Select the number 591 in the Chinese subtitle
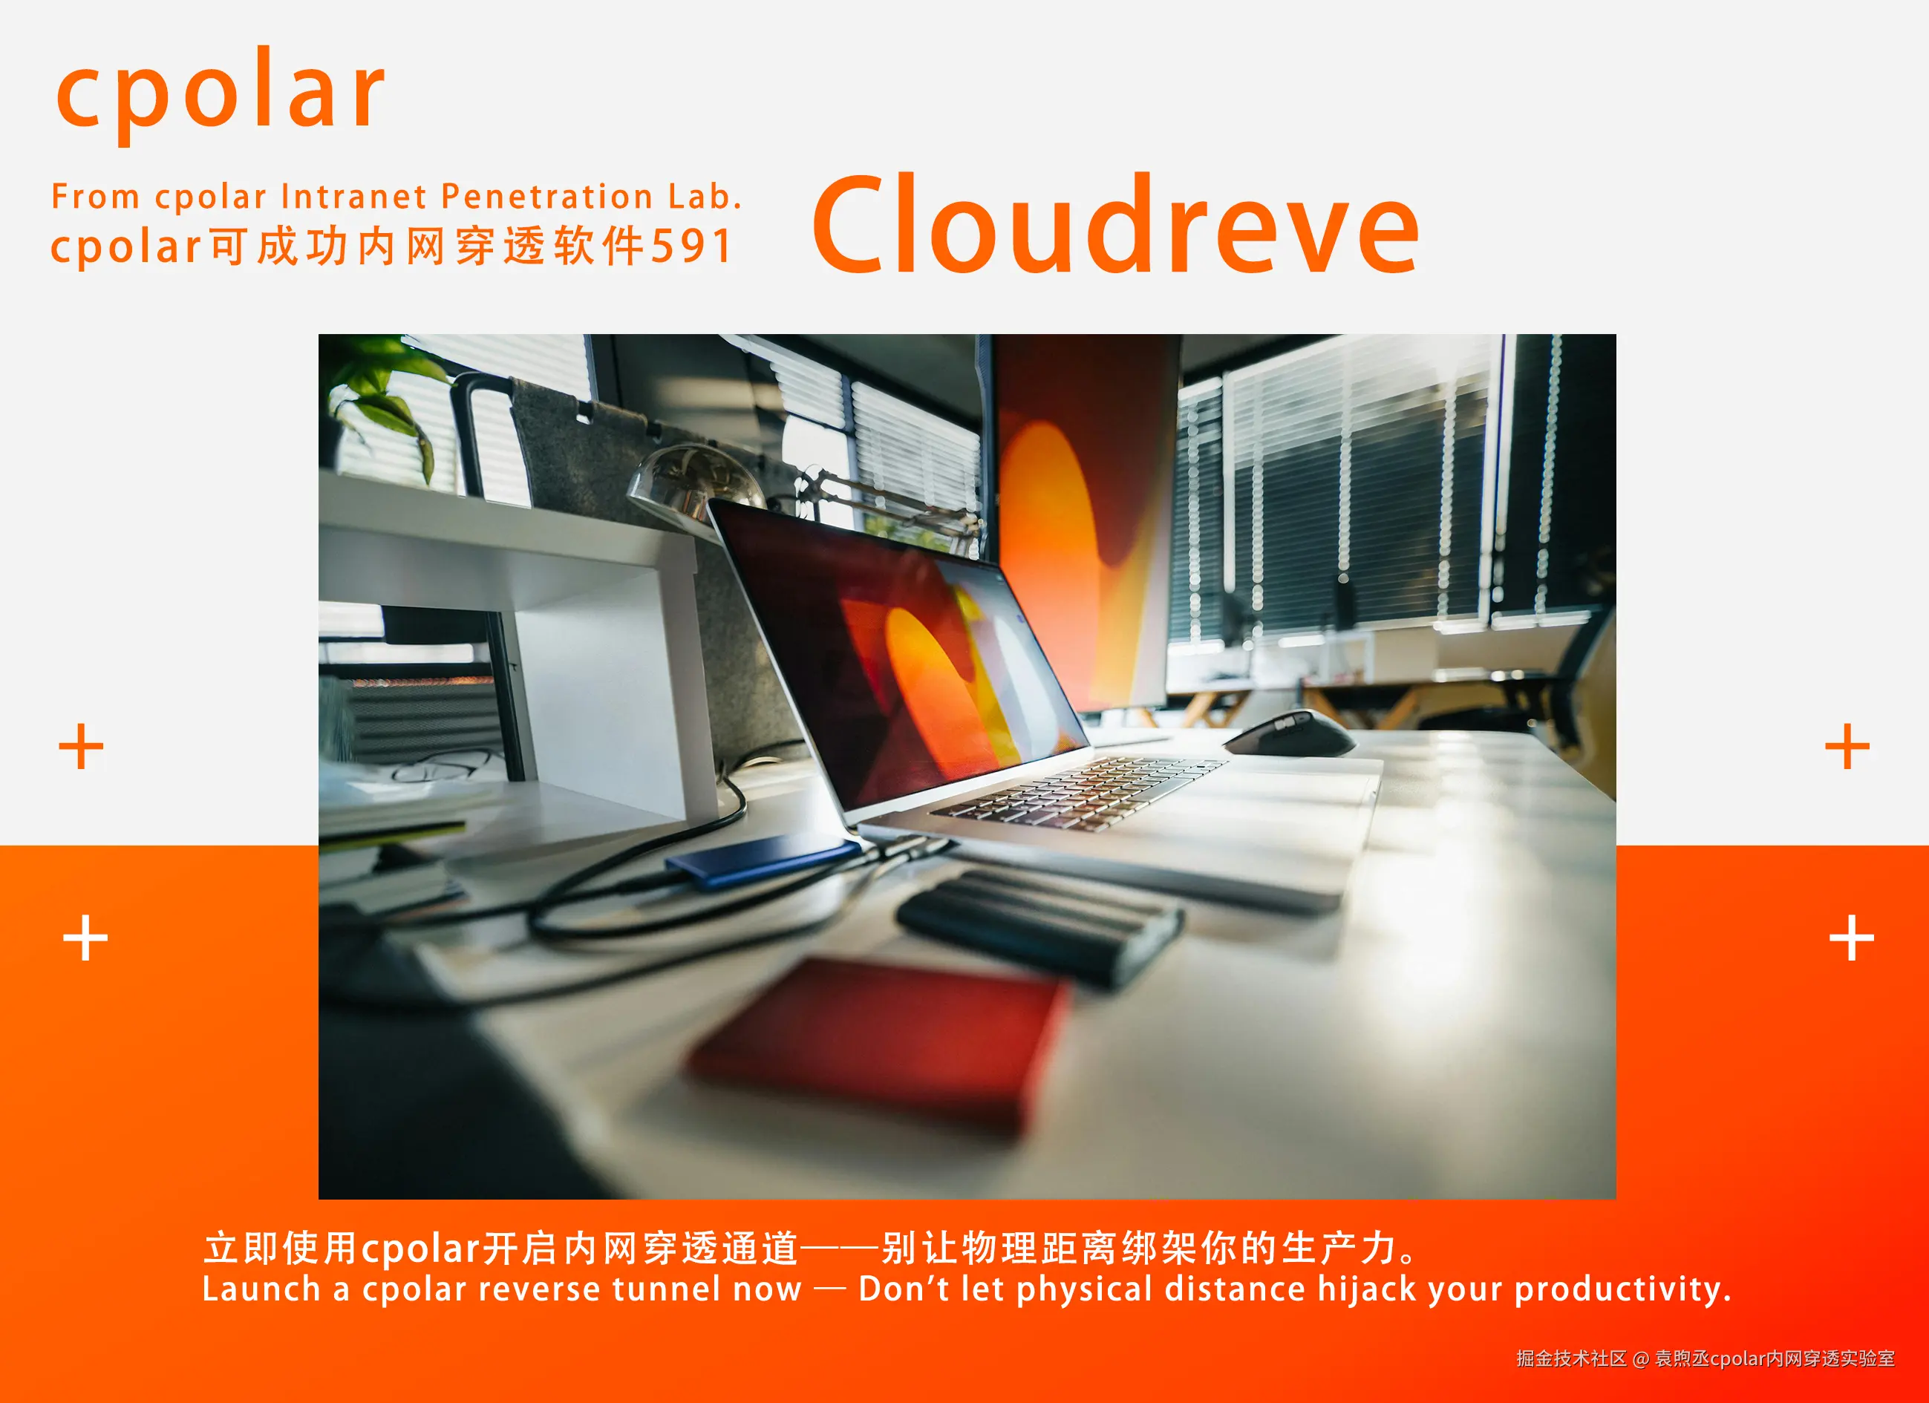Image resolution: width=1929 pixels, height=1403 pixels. [x=691, y=246]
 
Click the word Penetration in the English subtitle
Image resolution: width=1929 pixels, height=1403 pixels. [x=547, y=197]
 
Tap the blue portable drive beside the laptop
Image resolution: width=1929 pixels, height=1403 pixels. [x=764, y=860]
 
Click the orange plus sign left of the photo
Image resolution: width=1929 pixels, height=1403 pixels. [x=82, y=747]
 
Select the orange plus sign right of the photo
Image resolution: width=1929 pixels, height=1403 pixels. [x=1847, y=747]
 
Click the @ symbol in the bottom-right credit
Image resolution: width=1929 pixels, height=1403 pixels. [x=1641, y=1358]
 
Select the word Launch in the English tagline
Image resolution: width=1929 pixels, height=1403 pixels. [x=261, y=1289]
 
